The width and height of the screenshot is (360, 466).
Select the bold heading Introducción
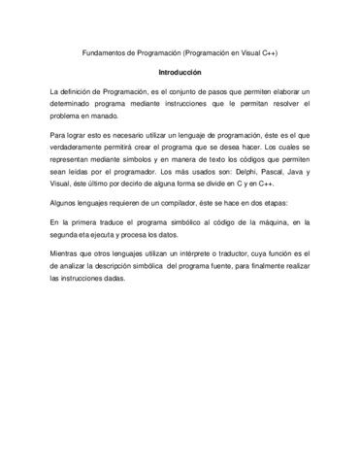coord(180,73)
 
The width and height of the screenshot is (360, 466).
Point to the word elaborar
coord(283,90)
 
